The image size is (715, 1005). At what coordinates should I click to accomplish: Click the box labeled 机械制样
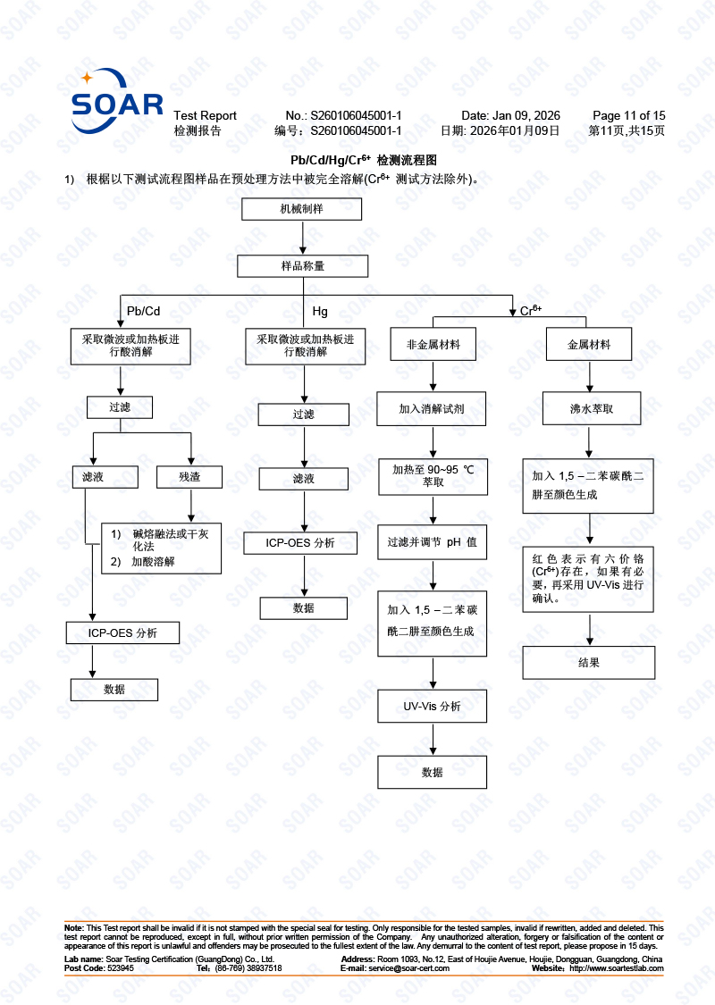coord(302,209)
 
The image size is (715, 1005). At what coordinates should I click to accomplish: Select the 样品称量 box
coord(302,266)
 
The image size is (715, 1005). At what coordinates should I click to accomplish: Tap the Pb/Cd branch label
coord(143,311)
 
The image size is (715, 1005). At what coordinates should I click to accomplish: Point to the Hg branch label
coord(320,311)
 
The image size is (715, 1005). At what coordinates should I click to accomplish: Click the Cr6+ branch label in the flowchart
coord(531,311)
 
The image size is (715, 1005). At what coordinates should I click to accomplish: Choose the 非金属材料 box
coord(433,344)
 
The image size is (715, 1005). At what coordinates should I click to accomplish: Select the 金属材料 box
coord(589,344)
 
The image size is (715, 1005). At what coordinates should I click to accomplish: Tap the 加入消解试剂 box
coord(432,409)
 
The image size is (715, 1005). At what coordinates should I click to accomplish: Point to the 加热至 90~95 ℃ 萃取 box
coord(433,475)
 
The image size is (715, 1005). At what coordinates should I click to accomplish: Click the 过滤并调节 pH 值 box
coord(432,542)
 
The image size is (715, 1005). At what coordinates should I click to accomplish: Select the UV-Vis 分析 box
coord(432,707)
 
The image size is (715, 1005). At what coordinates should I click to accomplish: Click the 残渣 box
coord(189,477)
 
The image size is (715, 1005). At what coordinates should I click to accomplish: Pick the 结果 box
coord(589,663)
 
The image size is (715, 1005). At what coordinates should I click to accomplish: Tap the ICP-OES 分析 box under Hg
coord(300,543)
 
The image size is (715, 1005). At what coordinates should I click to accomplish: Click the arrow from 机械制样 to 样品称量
coord(303,237)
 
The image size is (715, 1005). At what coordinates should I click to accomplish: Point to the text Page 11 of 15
coord(629,115)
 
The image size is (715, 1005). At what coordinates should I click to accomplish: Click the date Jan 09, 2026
coord(526,115)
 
